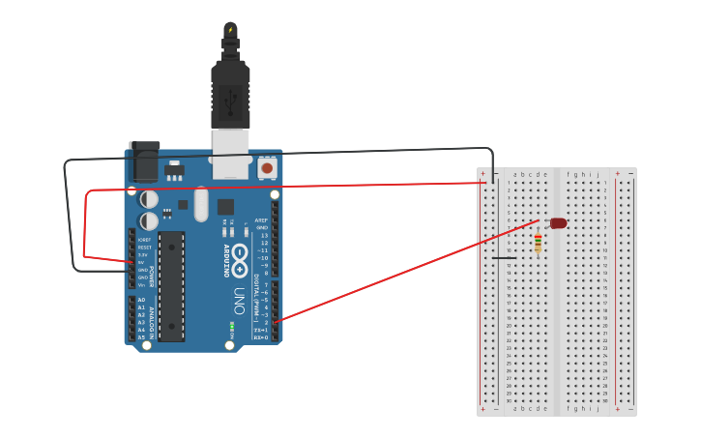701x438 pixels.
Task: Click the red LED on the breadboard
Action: pos(558,223)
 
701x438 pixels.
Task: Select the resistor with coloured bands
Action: pos(538,243)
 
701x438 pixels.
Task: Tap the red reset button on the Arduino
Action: pos(267,168)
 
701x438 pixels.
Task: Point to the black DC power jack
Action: pos(143,161)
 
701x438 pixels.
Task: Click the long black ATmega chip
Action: pos(171,285)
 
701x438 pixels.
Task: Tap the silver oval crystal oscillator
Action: pos(201,204)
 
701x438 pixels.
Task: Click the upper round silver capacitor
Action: pos(149,199)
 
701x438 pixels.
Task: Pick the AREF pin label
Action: pos(261,220)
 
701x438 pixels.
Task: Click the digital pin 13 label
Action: pos(264,235)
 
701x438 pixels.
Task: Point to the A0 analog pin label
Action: pos(141,300)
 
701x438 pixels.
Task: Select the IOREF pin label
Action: pos(144,239)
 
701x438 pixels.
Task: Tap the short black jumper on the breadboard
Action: pos(503,257)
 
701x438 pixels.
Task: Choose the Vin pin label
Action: pos(141,284)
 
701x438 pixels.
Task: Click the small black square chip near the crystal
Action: pos(225,206)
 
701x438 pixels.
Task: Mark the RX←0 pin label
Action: pos(260,337)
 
